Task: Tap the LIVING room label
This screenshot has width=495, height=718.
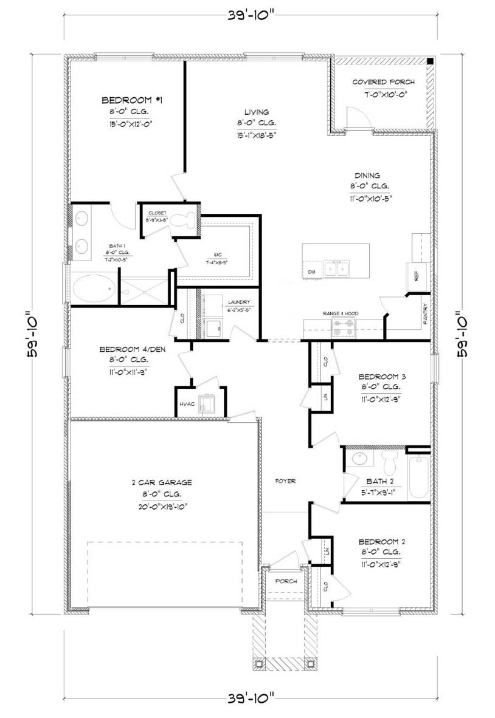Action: (x=256, y=112)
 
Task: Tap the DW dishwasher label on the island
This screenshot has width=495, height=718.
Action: (x=311, y=271)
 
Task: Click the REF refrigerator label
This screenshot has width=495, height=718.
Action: (x=417, y=275)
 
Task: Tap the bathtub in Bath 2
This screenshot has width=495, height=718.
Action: (x=418, y=479)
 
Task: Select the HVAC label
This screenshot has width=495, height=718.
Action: (x=186, y=403)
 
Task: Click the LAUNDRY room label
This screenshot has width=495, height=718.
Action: (x=239, y=302)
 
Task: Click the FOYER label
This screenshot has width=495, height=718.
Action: (x=285, y=481)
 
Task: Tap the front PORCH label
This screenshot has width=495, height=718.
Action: (x=286, y=581)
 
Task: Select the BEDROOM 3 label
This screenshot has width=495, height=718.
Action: (x=382, y=376)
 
